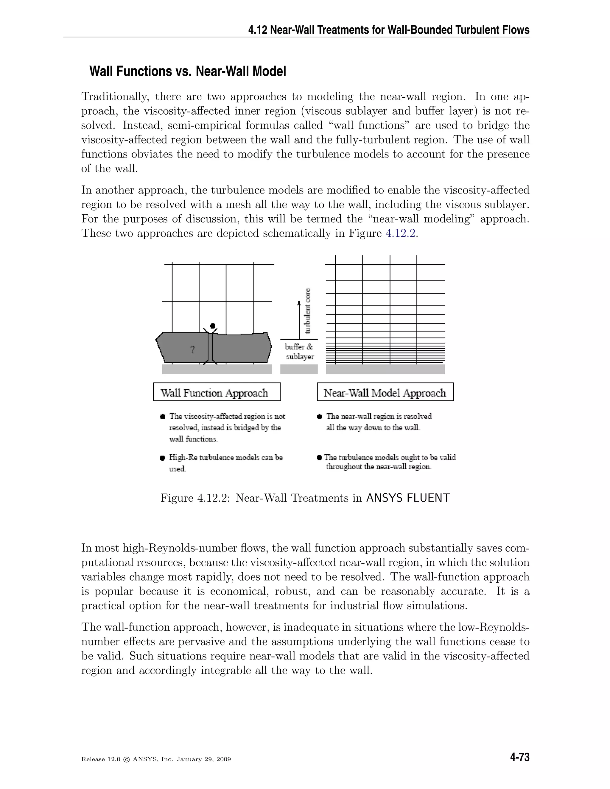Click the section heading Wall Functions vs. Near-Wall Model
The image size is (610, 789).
188,71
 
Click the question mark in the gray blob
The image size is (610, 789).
192,349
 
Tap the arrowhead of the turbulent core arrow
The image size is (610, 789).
299,303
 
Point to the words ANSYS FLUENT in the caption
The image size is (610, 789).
408,498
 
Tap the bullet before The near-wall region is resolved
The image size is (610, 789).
320,417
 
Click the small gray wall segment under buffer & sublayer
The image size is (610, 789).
299,369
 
